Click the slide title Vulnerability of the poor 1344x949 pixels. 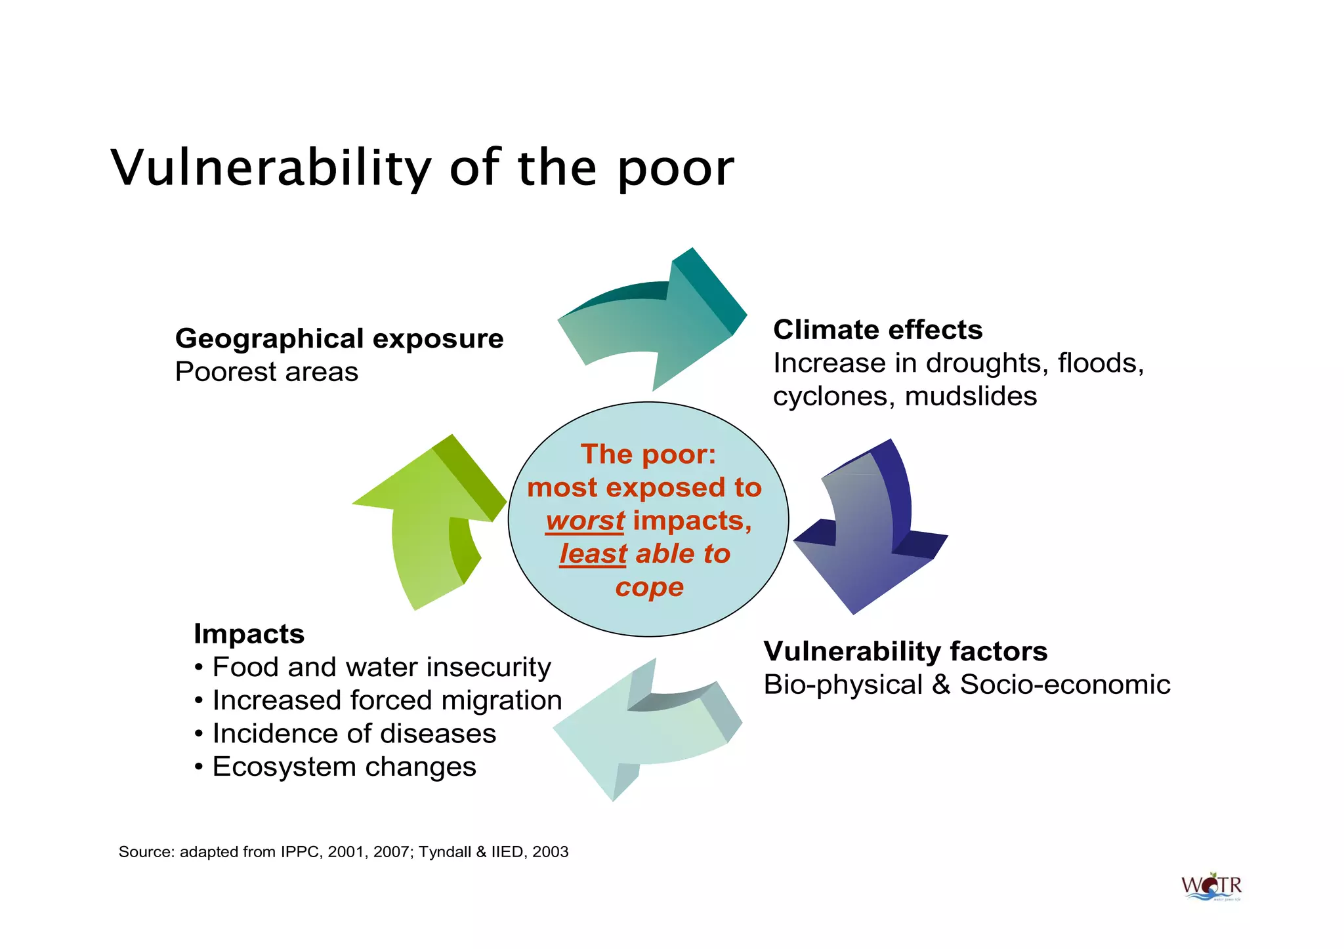pyautogui.click(x=422, y=168)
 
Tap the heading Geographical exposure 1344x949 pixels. pyautogui.click(x=339, y=338)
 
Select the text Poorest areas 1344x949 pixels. pyautogui.click(x=266, y=372)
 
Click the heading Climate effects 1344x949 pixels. pyautogui.click(x=877, y=329)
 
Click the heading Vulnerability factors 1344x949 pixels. pyautogui.click(x=905, y=651)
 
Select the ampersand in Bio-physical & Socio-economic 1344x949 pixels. pyautogui.click(x=941, y=685)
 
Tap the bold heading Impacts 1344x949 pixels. pyautogui.click(x=249, y=634)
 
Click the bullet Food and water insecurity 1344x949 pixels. pyautogui.click(x=381, y=667)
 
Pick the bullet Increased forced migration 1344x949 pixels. pyautogui.click(x=387, y=700)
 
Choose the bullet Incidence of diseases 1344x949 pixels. pyautogui.click(x=354, y=733)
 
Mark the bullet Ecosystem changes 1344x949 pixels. pyautogui.click(x=344, y=767)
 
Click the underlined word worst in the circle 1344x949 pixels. pyautogui.click(x=585, y=521)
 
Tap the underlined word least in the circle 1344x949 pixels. pyautogui.click(x=593, y=554)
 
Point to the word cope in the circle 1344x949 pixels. pyautogui.click(x=649, y=587)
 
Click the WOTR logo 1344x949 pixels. pyautogui.click(x=1211, y=887)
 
